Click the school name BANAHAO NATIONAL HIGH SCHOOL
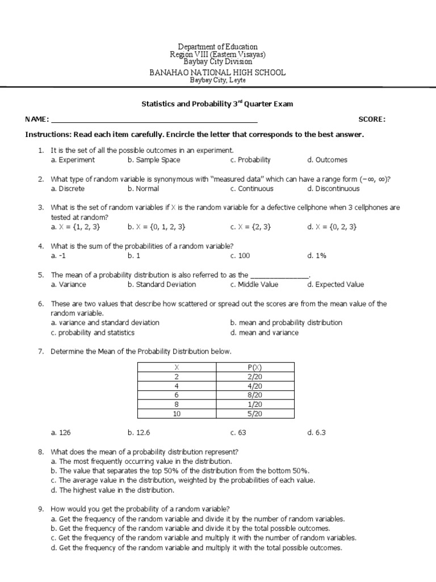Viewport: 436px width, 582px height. tap(217, 72)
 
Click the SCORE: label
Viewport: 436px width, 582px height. tap(372, 119)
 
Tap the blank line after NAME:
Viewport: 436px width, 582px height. tap(154, 120)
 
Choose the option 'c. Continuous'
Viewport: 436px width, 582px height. tap(251, 189)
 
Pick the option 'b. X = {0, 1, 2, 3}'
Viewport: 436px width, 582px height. tap(157, 227)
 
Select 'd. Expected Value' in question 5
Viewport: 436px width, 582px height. tap(336, 284)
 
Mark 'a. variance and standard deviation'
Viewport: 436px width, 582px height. tap(105, 322)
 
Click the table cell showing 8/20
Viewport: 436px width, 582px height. tap(255, 395)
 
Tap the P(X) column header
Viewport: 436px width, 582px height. tap(255, 367)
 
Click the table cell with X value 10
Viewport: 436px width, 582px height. tap(177, 414)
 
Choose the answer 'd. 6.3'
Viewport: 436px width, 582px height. tap(316, 433)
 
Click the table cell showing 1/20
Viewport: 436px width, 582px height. tap(255, 404)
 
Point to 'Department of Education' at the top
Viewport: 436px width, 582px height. tap(217, 47)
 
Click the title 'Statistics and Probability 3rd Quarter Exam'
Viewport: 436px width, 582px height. tap(217, 105)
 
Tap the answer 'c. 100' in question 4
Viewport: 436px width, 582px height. tap(241, 256)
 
